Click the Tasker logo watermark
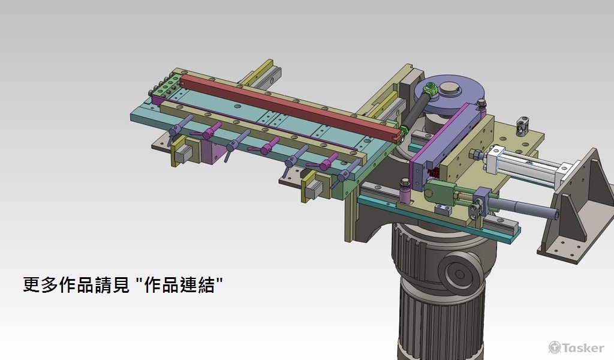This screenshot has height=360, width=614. (576, 347)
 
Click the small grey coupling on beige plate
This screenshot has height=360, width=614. (523, 127)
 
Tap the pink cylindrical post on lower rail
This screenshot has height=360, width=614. (405, 195)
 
